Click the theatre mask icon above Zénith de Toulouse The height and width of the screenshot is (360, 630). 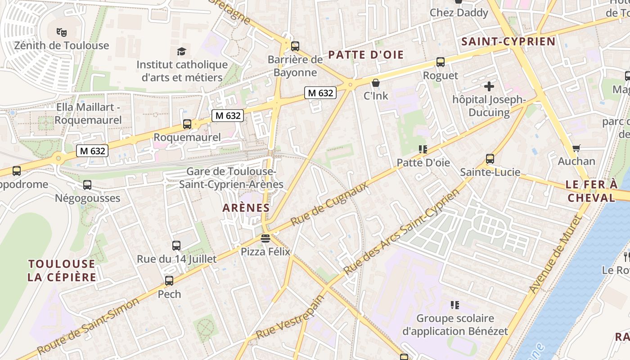[x=62, y=32]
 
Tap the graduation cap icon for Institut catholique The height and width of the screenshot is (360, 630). [x=181, y=51]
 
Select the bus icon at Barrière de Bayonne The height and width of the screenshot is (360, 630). [x=295, y=46]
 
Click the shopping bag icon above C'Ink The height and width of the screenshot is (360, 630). [x=376, y=83]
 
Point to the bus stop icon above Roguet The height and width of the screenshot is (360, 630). [x=441, y=62]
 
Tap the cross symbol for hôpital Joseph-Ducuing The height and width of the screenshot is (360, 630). [x=489, y=86]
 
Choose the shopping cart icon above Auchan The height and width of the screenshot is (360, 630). [x=576, y=148]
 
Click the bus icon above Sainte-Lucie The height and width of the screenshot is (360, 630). [x=490, y=159]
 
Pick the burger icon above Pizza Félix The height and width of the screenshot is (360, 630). [x=265, y=238]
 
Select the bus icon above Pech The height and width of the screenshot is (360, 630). [x=169, y=281]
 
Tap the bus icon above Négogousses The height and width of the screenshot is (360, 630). [x=87, y=185]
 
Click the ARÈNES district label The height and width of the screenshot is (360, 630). [x=246, y=208]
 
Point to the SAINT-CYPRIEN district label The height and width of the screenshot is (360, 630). [x=508, y=42]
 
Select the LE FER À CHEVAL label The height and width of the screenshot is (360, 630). [x=591, y=191]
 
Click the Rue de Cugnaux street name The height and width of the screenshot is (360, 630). [x=329, y=204]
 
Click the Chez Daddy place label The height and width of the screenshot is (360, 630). [x=459, y=13]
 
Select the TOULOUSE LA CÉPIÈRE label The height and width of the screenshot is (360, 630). [x=62, y=270]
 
